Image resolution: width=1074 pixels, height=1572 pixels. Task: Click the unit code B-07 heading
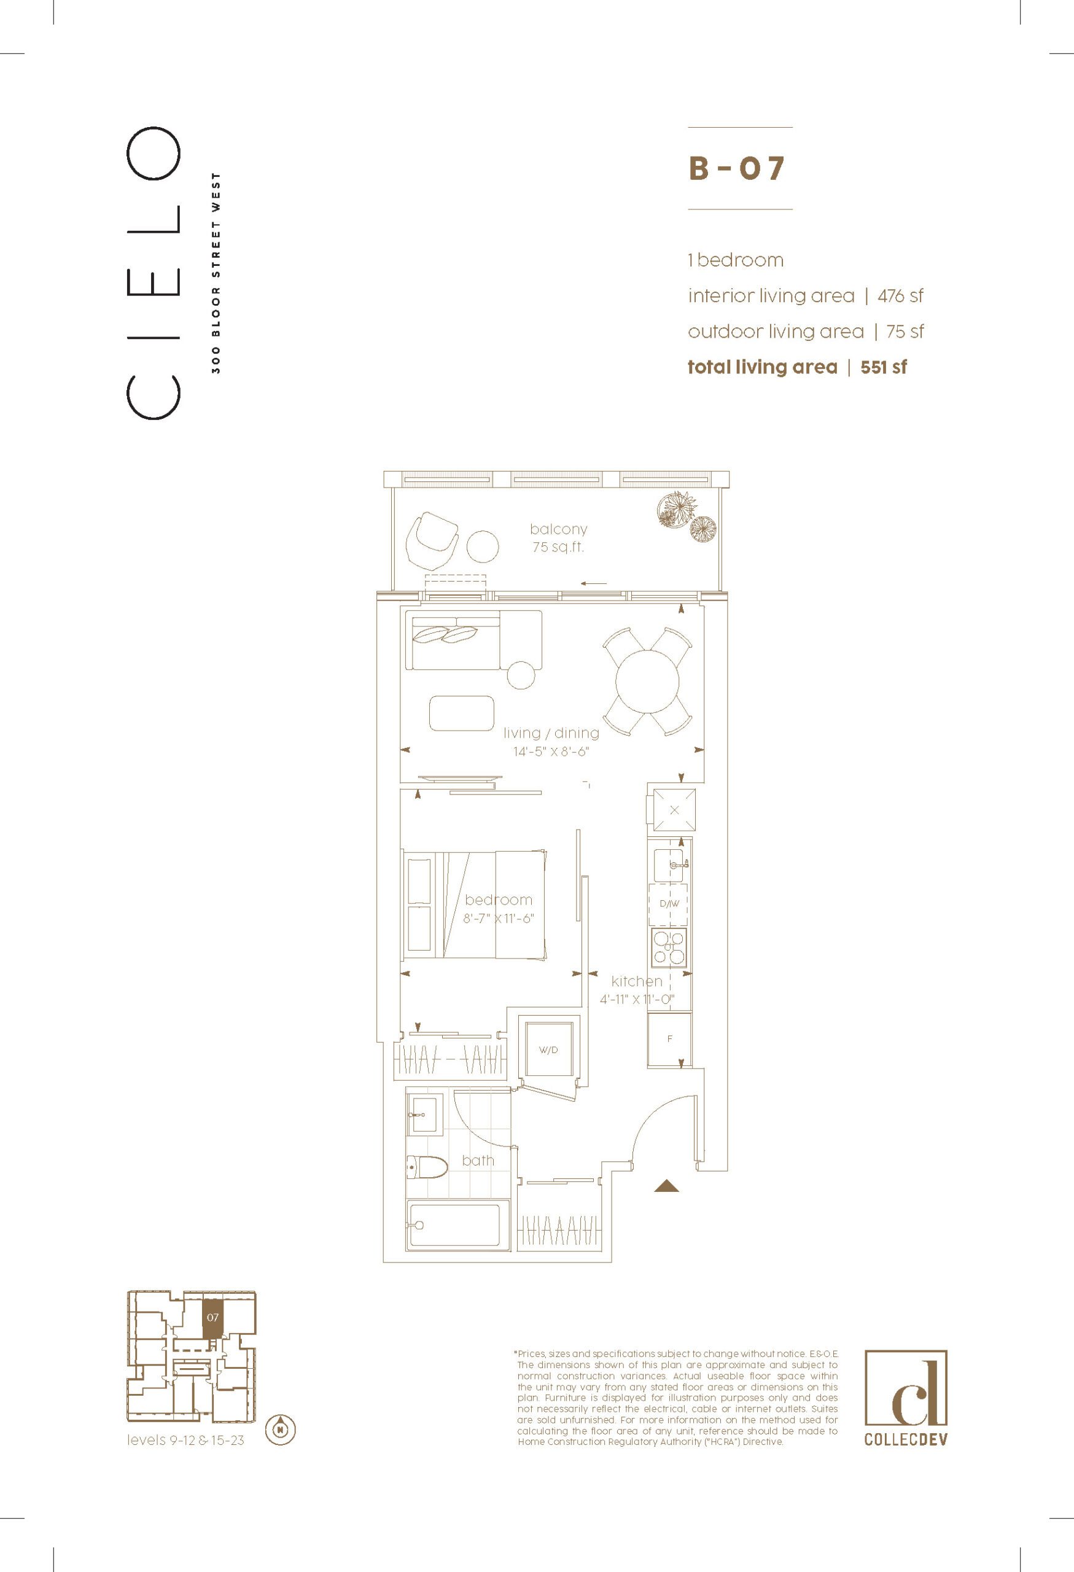736,168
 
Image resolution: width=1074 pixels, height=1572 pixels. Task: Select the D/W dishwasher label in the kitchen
669,904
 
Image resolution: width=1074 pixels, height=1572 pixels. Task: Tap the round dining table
647,681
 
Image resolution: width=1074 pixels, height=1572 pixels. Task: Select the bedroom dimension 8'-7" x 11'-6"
499,919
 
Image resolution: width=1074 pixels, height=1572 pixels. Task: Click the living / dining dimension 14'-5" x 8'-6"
551,752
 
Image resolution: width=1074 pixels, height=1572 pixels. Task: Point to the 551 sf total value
883,367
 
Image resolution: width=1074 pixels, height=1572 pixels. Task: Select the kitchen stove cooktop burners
669,946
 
